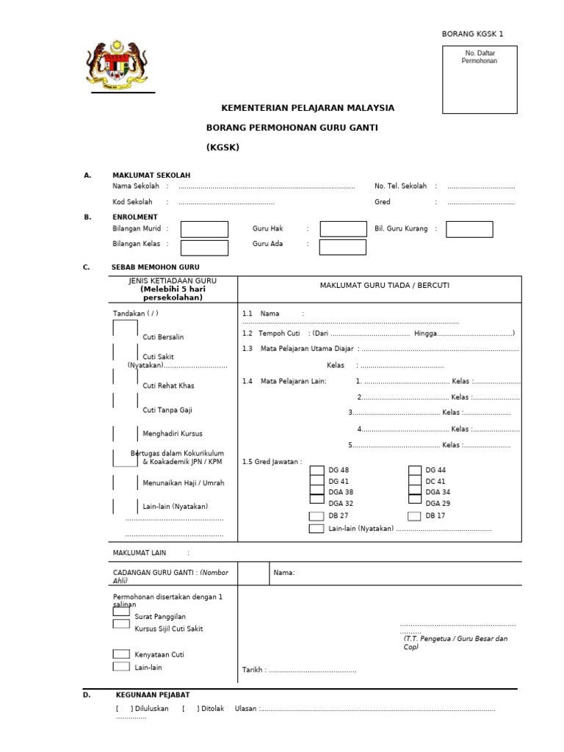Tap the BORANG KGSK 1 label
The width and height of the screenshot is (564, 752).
[x=471, y=34]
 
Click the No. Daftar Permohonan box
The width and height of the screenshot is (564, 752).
[x=479, y=79]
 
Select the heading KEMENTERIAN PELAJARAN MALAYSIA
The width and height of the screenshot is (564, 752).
[x=308, y=108]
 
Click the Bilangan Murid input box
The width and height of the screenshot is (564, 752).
[x=204, y=229]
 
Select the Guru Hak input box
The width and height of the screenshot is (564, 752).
[x=343, y=229]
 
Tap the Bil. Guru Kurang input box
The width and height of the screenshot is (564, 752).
[x=469, y=229]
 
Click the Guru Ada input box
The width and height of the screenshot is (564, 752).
[x=343, y=247]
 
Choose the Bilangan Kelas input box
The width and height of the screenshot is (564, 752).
[x=204, y=247]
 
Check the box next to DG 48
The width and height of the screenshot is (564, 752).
[x=317, y=470]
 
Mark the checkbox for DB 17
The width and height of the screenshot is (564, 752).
[x=414, y=516]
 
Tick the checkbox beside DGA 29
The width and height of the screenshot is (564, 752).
[x=414, y=503]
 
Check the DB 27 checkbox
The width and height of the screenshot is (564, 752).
[x=317, y=516]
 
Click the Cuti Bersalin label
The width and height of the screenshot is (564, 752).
[x=163, y=337]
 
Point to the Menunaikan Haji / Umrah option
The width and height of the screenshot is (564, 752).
[x=183, y=482]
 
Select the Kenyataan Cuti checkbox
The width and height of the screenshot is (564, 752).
[x=121, y=654]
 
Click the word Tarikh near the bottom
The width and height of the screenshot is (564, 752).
[x=253, y=670]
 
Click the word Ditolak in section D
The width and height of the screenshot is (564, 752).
[x=212, y=709]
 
